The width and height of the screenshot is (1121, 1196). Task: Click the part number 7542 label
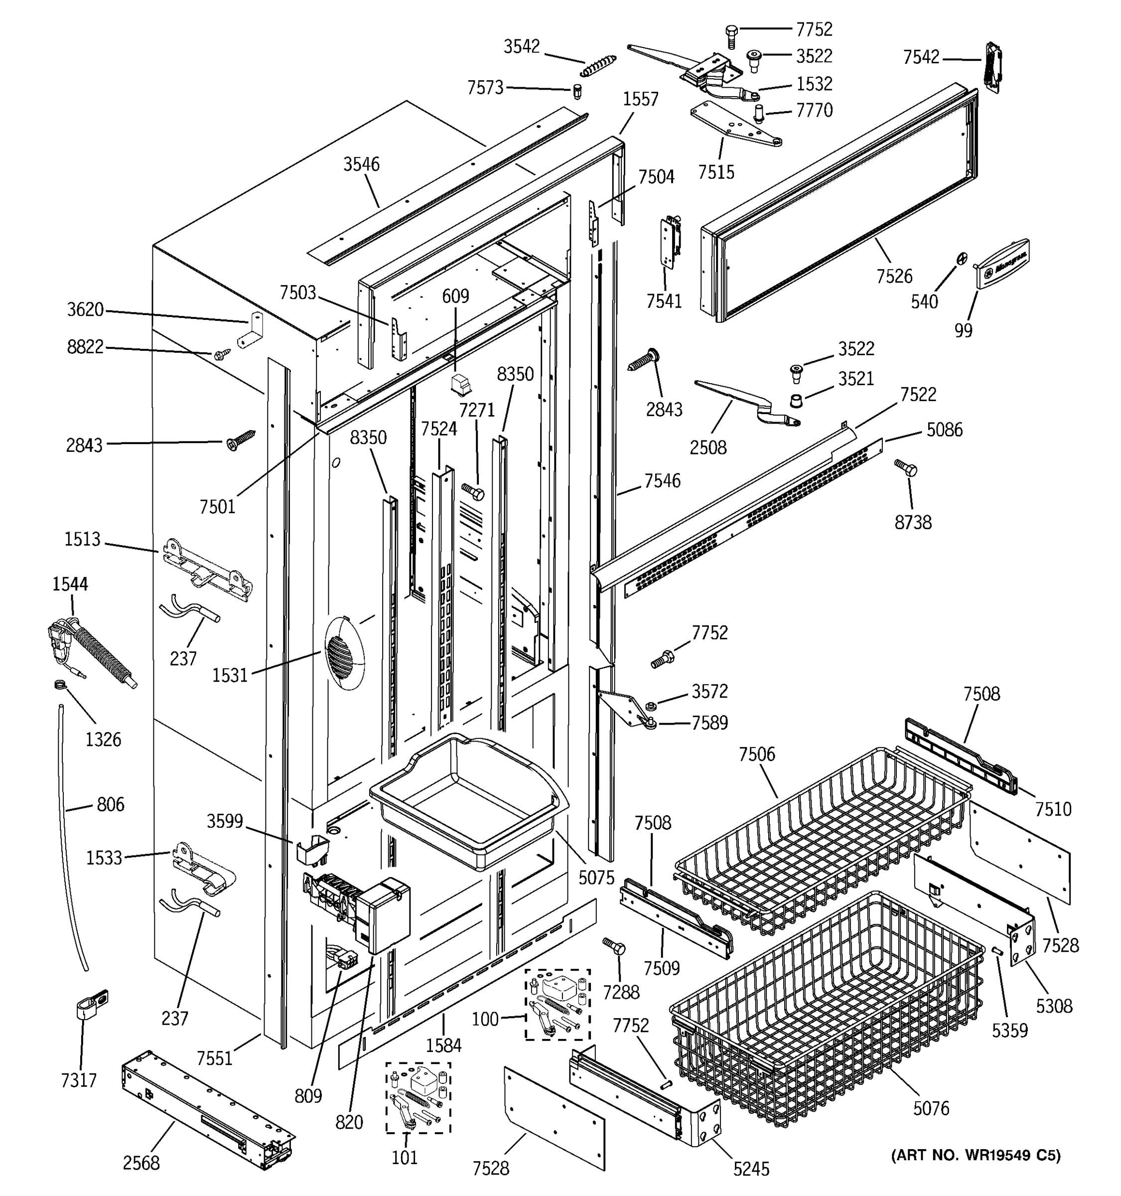[x=921, y=57]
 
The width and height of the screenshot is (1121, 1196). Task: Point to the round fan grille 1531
[x=344, y=653]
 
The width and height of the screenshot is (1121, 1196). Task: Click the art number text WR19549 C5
[x=976, y=1155]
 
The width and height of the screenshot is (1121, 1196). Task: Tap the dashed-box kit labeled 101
[x=419, y=1098]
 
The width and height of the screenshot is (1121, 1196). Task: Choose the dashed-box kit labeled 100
[x=558, y=1004]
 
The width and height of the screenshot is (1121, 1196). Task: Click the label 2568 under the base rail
[x=141, y=1163]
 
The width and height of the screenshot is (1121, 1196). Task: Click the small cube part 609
[x=461, y=384]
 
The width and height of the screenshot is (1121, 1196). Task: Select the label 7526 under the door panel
[x=894, y=276]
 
